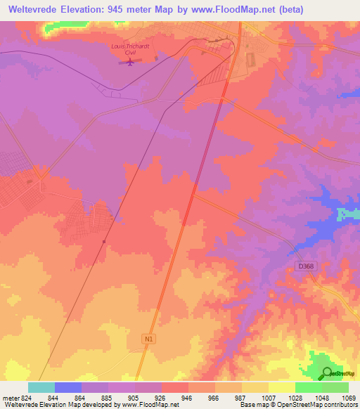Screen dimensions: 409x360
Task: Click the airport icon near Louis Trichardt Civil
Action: [x=129, y=63]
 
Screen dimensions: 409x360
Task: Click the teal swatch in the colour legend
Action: [x=41, y=387]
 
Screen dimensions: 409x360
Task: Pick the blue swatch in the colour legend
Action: [x=67, y=387]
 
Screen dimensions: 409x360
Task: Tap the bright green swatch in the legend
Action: [x=308, y=387]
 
